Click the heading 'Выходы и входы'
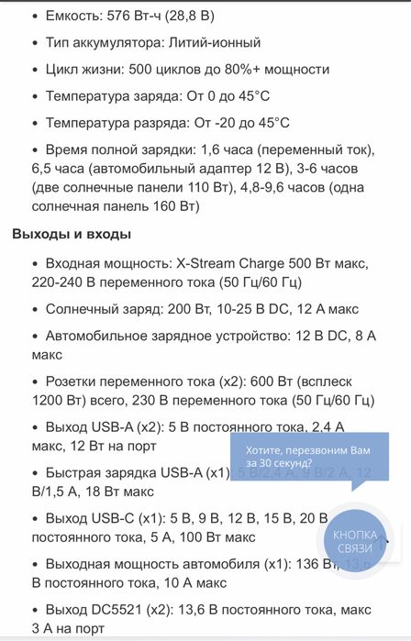tap(72, 234)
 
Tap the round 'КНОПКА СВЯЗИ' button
tap(354, 541)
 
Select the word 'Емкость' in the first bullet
tap(72, 16)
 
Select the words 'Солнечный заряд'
tap(100, 310)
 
